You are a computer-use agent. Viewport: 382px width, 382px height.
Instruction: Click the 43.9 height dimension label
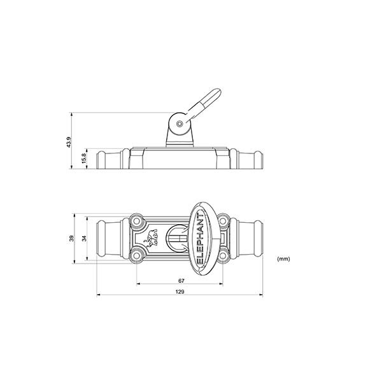(x=69, y=142)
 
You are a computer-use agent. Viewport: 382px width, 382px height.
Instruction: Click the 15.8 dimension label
(x=84, y=159)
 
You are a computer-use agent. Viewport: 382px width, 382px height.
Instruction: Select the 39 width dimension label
(x=71, y=238)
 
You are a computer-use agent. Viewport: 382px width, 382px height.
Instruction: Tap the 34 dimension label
(x=84, y=238)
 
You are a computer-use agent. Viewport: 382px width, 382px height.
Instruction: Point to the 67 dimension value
(x=181, y=281)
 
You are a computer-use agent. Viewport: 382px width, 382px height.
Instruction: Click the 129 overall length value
(x=180, y=292)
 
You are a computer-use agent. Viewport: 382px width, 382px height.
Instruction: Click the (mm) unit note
(x=283, y=258)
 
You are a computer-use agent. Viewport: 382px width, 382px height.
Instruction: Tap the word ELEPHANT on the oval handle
(x=200, y=239)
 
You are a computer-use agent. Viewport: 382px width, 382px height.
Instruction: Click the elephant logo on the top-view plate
(x=151, y=238)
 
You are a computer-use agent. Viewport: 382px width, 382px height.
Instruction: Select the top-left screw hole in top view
(x=137, y=221)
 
